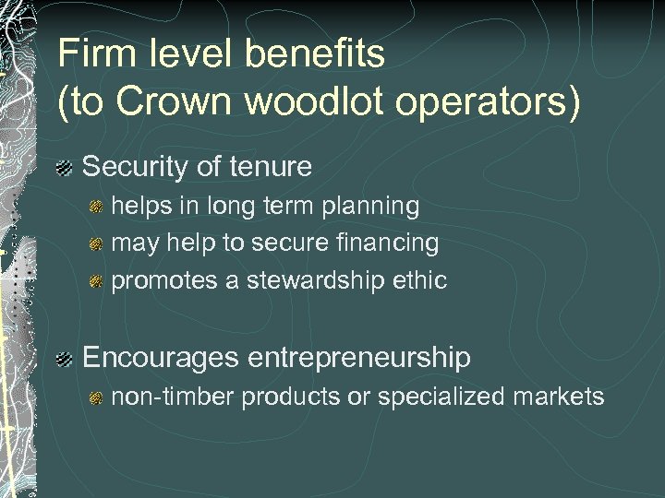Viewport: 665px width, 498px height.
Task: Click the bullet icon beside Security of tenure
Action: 64,169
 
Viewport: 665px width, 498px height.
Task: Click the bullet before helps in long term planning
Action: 95,207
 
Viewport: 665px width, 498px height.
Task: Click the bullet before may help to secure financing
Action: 95,244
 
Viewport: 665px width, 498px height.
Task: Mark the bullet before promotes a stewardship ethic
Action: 95,281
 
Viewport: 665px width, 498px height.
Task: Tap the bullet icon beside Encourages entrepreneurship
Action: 64,358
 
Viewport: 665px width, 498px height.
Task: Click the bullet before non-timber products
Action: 95,398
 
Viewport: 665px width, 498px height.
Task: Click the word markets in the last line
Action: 571,397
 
